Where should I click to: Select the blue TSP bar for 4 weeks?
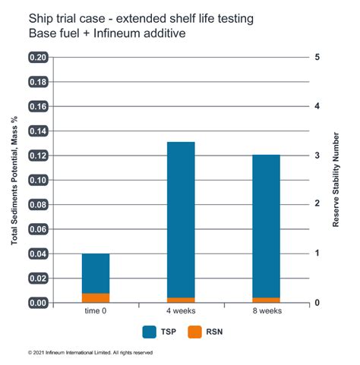click(x=181, y=219)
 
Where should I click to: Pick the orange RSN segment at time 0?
click(x=96, y=297)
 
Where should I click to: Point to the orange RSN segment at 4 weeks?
click(x=181, y=300)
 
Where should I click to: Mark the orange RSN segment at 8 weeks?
click(x=266, y=300)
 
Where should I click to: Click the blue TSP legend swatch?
click(x=150, y=331)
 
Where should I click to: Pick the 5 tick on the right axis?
click(x=316, y=58)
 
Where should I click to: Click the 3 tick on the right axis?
click(x=316, y=156)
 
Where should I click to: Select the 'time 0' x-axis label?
click(x=96, y=312)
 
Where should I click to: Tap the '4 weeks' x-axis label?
click(x=181, y=312)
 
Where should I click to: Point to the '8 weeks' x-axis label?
click(x=266, y=312)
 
